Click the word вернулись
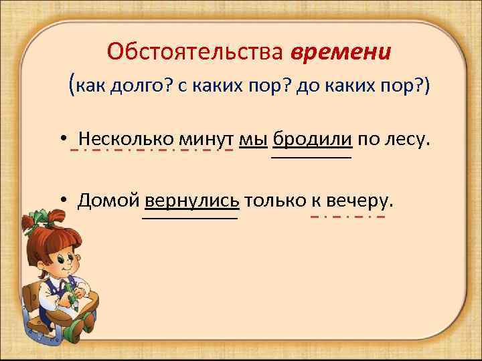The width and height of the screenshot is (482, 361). (x=191, y=200)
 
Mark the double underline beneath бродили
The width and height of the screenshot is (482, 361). (x=311, y=157)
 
